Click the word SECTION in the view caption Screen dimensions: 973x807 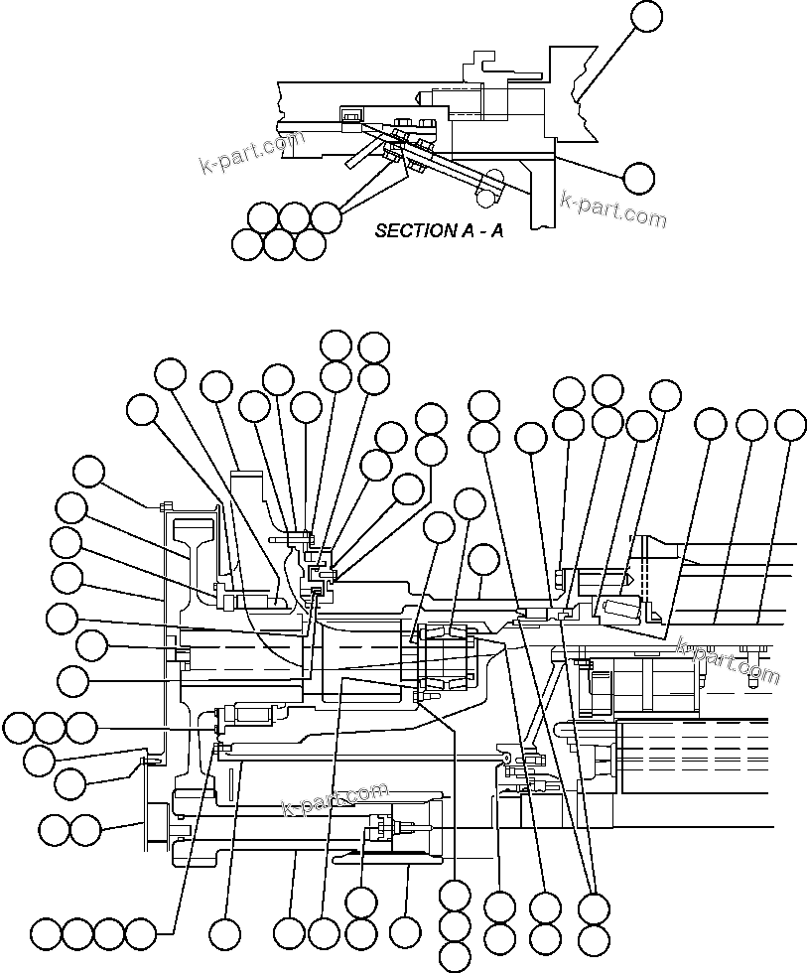[408, 230]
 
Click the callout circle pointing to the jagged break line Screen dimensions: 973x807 [646, 16]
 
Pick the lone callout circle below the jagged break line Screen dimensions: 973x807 [639, 178]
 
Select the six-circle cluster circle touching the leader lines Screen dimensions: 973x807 [326, 215]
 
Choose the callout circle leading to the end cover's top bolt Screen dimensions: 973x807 [90, 472]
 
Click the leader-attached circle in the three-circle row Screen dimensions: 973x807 [81, 728]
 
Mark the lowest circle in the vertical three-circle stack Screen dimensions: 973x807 [454, 956]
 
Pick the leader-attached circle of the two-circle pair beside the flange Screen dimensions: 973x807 [86, 828]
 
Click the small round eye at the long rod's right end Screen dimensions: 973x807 [507, 757]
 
